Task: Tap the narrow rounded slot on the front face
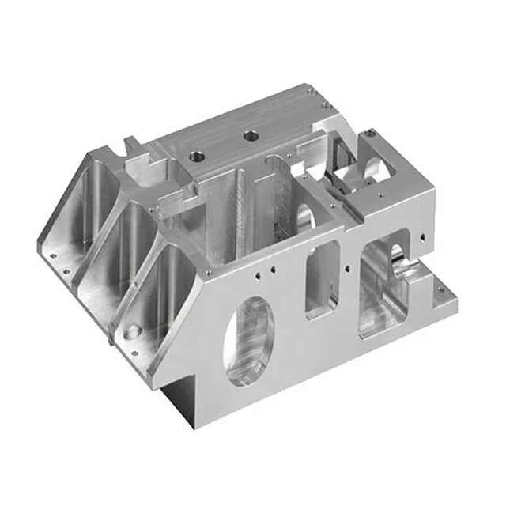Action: tap(323, 278)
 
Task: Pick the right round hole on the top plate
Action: tap(251, 136)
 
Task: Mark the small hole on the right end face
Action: tap(428, 235)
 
